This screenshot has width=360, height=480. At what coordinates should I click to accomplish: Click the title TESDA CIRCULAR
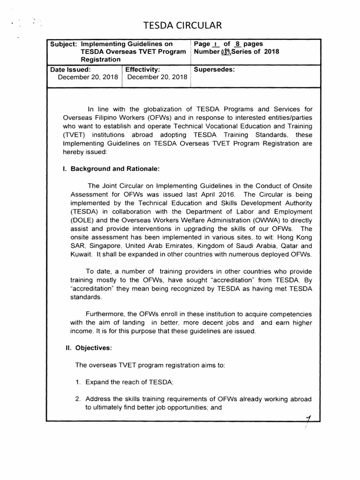(x=180, y=25)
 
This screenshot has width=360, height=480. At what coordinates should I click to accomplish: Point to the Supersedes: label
(x=214, y=69)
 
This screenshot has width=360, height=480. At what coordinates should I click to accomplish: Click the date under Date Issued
(x=87, y=77)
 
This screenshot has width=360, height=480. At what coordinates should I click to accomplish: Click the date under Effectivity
(x=157, y=77)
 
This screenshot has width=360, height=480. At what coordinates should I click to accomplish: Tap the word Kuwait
(x=82, y=254)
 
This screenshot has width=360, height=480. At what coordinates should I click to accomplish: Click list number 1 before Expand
(x=78, y=382)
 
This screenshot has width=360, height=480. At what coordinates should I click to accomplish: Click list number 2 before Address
(x=78, y=399)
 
